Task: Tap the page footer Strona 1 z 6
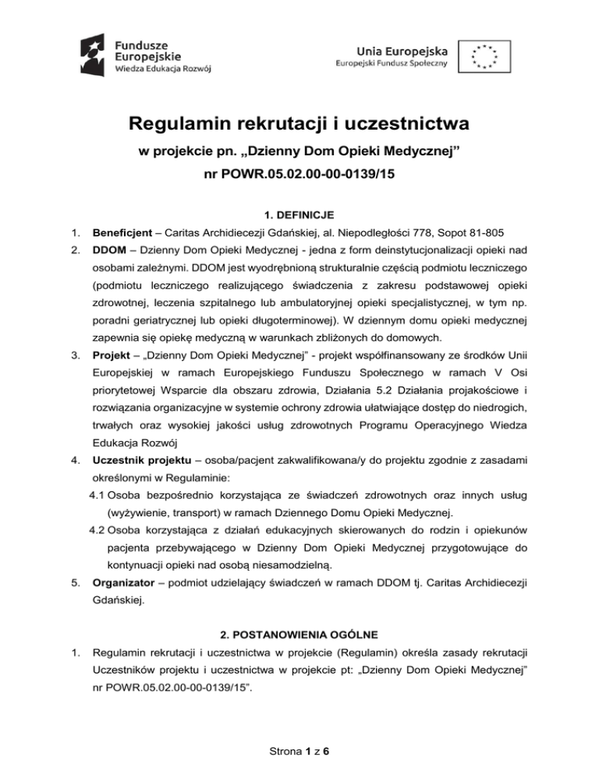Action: [299, 751]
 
